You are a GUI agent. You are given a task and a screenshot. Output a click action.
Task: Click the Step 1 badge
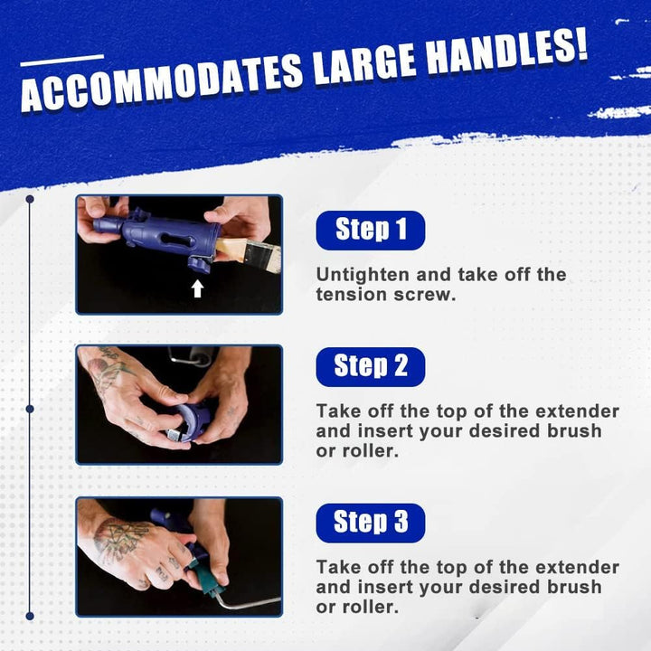click(x=371, y=230)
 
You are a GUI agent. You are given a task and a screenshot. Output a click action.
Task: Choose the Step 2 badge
click(x=371, y=367)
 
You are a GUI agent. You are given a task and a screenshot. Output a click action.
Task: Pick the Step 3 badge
click(x=371, y=523)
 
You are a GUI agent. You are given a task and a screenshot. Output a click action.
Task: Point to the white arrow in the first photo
click(x=198, y=288)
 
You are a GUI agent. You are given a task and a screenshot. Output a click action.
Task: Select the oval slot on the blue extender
click(x=177, y=240)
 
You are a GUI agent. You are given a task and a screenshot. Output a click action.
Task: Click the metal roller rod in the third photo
click(x=249, y=602)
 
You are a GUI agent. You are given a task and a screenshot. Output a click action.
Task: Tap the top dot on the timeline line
click(x=30, y=199)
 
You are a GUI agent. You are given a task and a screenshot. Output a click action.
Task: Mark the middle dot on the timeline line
click(x=30, y=409)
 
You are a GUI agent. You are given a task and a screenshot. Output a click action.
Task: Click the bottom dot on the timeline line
click(x=30, y=616)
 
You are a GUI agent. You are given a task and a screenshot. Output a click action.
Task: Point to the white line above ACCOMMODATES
click(x=62, y=61)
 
